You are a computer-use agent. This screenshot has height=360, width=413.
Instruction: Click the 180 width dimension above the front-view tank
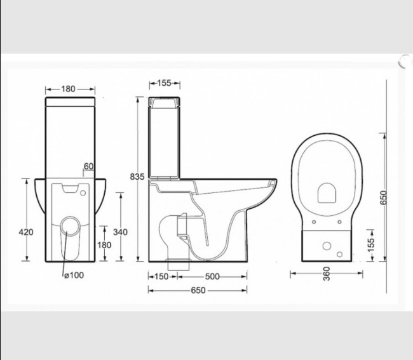69,88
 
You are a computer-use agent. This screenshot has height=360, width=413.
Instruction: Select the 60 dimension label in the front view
88,166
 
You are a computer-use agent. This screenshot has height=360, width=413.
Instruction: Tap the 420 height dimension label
26,232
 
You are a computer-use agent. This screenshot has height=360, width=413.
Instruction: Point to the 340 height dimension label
121,232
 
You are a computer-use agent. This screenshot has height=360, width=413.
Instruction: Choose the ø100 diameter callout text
74,275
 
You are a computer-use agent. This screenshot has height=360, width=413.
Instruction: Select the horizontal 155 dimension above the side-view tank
164,83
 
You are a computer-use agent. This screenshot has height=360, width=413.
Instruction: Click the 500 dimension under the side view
212,276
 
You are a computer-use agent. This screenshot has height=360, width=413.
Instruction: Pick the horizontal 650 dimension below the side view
198,290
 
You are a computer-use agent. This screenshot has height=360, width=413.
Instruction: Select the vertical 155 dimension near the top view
372,243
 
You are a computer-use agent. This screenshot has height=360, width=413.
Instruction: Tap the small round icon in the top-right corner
405,61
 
